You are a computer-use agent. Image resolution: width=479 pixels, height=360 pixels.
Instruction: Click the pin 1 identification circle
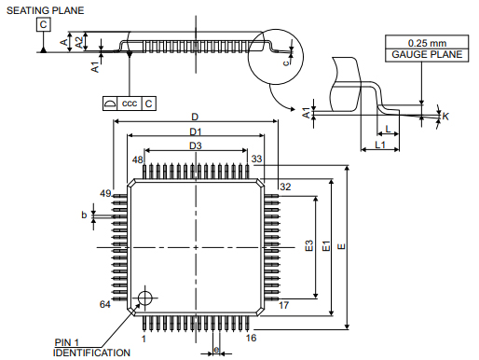click(144, 298)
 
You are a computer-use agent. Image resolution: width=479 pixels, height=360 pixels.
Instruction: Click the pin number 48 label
click(137, 160)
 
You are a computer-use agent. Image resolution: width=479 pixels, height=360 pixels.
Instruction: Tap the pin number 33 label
click(256, 160)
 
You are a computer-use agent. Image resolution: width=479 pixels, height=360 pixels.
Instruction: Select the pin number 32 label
click(285, 187)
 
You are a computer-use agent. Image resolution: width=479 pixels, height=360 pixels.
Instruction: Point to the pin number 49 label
click(105, 193)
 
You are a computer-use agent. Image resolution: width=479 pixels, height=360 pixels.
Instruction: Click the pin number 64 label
click(105, 305)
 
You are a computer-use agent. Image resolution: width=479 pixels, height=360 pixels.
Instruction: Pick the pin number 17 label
click(283, 305)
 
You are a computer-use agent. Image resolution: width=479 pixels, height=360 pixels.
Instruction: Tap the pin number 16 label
click(251, 338)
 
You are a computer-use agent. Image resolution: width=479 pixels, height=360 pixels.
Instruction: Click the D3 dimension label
click(196, 146)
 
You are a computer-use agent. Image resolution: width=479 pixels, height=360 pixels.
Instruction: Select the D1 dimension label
click(196, 132)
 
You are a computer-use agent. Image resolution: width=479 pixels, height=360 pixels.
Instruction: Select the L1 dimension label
click(380, 146)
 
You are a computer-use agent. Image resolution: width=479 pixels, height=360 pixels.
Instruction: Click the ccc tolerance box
click(129, 104)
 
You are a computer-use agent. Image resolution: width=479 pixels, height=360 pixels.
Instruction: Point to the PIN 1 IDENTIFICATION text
click(91, 348)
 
